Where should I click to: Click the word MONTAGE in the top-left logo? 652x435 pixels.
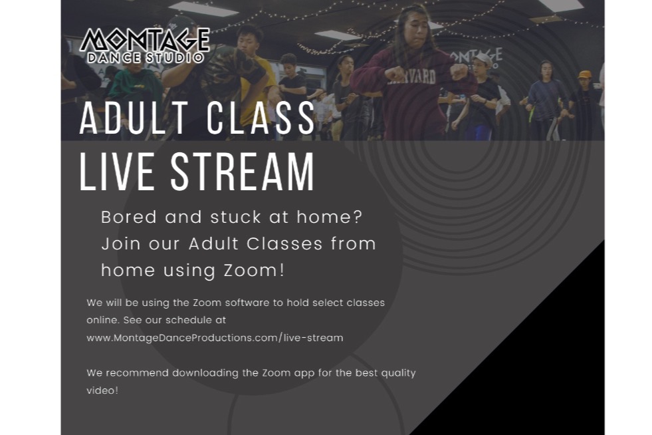[145, 40]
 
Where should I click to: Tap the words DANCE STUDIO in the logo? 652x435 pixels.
[146, 57]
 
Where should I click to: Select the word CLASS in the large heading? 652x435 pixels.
[261, 118]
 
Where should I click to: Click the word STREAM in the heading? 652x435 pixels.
[243, 172]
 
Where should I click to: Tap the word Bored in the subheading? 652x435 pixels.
[129, 217]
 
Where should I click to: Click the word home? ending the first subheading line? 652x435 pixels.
[330, 217]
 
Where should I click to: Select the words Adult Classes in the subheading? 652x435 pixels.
[255, 243]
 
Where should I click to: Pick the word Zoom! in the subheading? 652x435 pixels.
[255, 270]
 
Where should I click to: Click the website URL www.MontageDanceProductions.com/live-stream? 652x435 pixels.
[215, 338]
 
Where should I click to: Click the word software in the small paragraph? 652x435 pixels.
[247, 303]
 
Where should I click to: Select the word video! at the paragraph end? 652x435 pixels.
[102, 390]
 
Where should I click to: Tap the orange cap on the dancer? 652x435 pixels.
[585, 74]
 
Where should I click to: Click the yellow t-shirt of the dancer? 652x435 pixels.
[258, 90]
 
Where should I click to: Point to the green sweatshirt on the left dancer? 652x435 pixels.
[135, 90]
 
